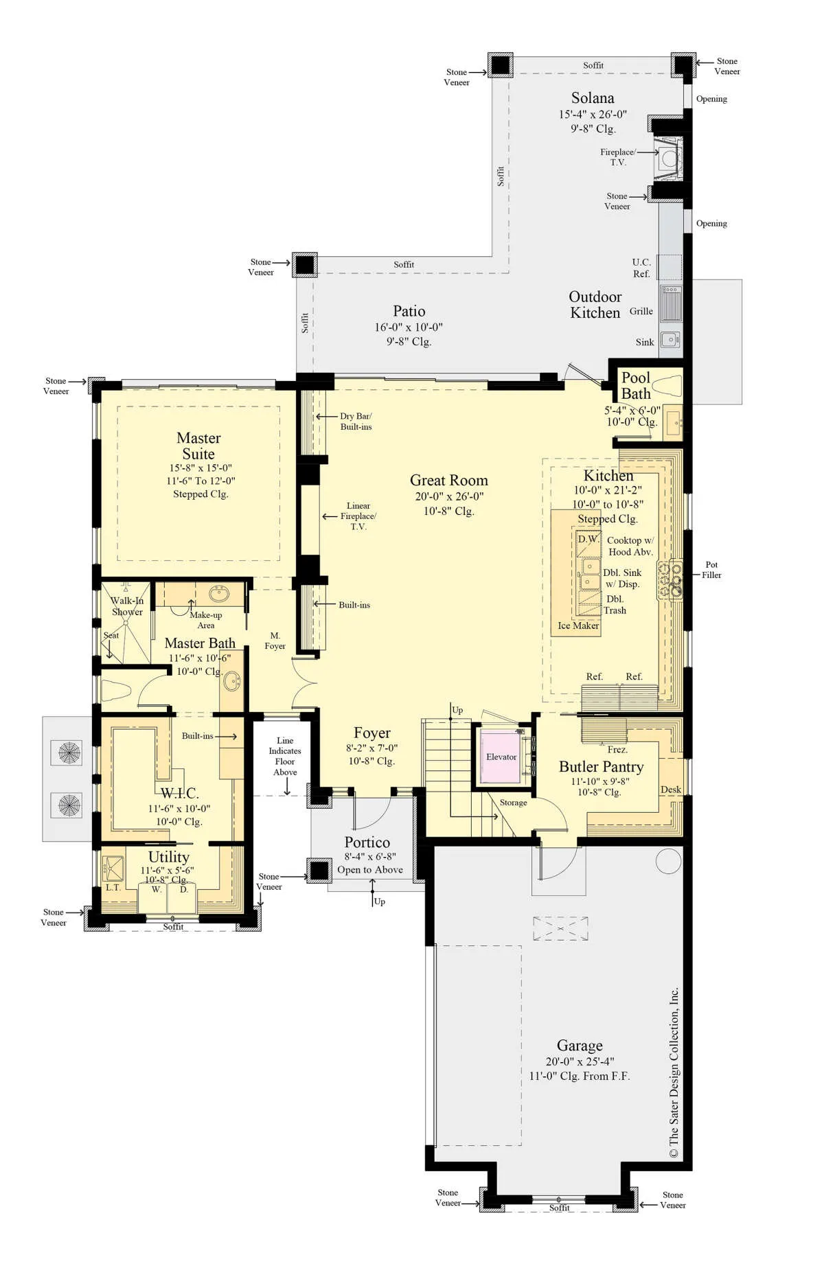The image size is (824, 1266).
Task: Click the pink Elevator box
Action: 500,757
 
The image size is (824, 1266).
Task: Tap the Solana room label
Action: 593,98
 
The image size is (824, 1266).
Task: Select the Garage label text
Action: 580,1045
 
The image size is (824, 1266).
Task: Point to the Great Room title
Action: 449,480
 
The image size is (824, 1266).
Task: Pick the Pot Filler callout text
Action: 711,570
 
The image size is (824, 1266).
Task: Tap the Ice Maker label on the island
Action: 578,625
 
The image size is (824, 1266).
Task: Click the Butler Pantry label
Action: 601,767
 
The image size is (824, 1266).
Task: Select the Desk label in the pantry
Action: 670,790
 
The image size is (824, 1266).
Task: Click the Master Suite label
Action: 198,446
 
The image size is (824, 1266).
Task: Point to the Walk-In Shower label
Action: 127,606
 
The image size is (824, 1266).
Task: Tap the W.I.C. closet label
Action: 179,793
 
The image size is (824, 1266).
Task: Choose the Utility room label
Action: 169,857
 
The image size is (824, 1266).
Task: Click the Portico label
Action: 367,842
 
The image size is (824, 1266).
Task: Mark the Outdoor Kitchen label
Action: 595,305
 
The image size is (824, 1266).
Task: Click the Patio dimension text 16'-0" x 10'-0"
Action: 409,327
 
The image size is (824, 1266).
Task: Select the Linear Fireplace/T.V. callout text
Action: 358,516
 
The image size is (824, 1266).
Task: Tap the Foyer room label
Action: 372,733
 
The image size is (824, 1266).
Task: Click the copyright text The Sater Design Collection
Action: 674,1072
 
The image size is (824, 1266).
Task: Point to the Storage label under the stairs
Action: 513,803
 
